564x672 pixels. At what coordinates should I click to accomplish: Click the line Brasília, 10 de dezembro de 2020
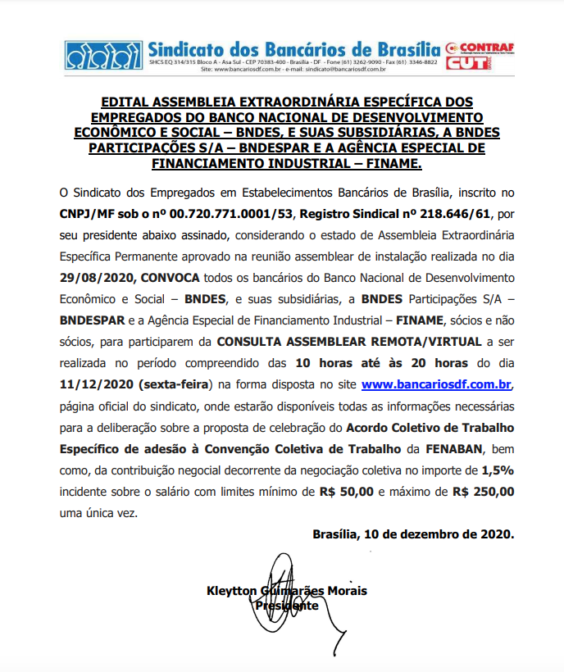point(413,534)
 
